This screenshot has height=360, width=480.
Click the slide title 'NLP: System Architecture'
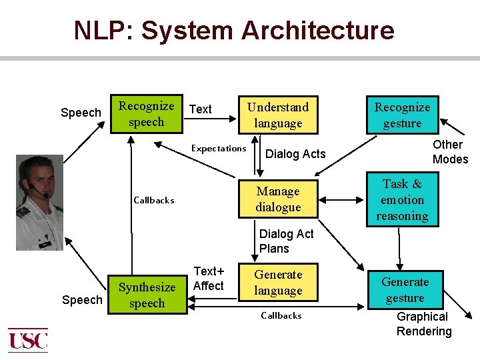coord(234,31)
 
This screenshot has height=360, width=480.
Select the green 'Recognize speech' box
coord(146,113)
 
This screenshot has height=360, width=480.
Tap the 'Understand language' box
coord(278,115)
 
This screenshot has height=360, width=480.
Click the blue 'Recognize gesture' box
coord(402,115)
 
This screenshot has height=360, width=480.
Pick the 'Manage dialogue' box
coord(278,199)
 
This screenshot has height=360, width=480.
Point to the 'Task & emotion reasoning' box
coord(402,199)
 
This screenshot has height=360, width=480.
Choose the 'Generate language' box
coord(278,282)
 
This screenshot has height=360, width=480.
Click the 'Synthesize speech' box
coord(147,295)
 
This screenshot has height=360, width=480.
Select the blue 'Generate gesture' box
coord(405,289)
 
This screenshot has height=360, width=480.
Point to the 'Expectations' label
coord(219,148)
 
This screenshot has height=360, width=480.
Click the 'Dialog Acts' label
coord(295,154)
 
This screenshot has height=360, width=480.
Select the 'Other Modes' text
coord(449,152)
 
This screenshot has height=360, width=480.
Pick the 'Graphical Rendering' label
coord(423,324)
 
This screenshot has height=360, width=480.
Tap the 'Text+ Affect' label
coord(208,279)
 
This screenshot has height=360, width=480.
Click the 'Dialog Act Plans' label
coord(286,241)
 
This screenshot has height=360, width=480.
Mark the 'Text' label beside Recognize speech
coord(201,109)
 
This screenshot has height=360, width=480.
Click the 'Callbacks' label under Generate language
coord(281,315)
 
